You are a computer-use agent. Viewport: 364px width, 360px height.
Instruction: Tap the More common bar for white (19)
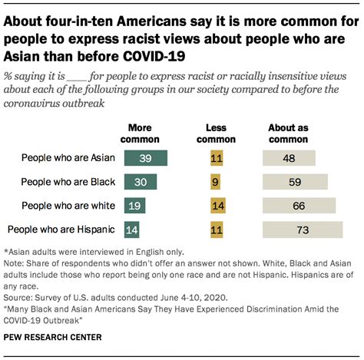pyautogui.click(x=136, y=206)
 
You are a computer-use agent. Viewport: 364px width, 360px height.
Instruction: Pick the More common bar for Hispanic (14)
pyautogui.click(x=133, y=229)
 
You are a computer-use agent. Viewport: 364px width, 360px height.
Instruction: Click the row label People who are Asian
pyautogui.click(x=68, y=158)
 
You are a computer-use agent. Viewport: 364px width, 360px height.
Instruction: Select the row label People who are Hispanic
pyautogui.click(x=61, y=229)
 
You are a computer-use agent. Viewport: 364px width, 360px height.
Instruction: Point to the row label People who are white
pyautogui.click(x=68, y=206)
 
